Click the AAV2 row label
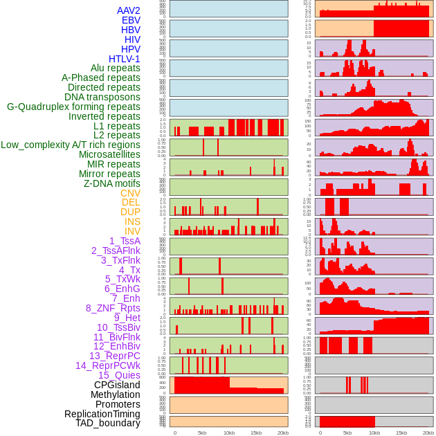(129, 10)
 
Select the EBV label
(131, 20)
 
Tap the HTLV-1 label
(125, 59)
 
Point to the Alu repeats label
(116, 68)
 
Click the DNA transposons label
(102, 97)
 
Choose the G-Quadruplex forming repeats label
(73, 107)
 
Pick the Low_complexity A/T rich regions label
(71, 145)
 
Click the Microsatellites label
(109, 154)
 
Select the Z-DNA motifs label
(112, 183)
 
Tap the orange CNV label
(130, 193)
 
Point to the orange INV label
(132, 231)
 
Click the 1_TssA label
(125, 241)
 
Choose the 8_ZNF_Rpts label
(113, 308)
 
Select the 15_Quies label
(118, 375)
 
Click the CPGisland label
(117, 385)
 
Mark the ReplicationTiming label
(102, 414)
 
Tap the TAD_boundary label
(108, 423)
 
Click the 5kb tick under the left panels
(202, 433)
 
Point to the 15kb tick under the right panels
(401, 433)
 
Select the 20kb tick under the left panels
(283, 433)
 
